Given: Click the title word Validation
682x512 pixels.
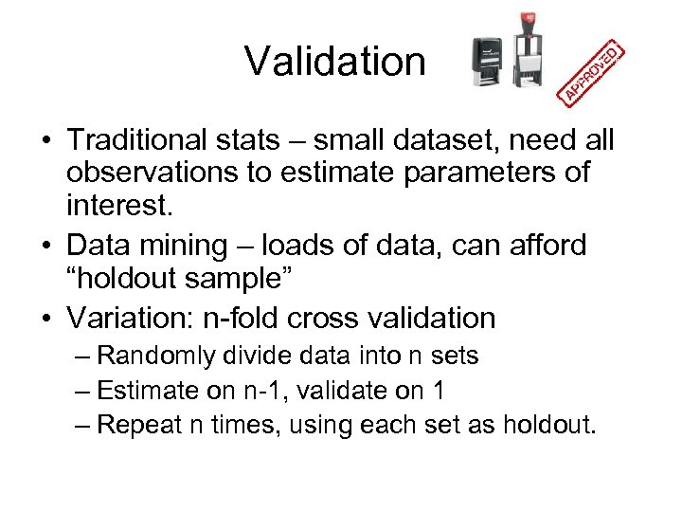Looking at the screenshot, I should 335,62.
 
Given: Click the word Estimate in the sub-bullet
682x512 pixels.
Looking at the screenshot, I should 145,390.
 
